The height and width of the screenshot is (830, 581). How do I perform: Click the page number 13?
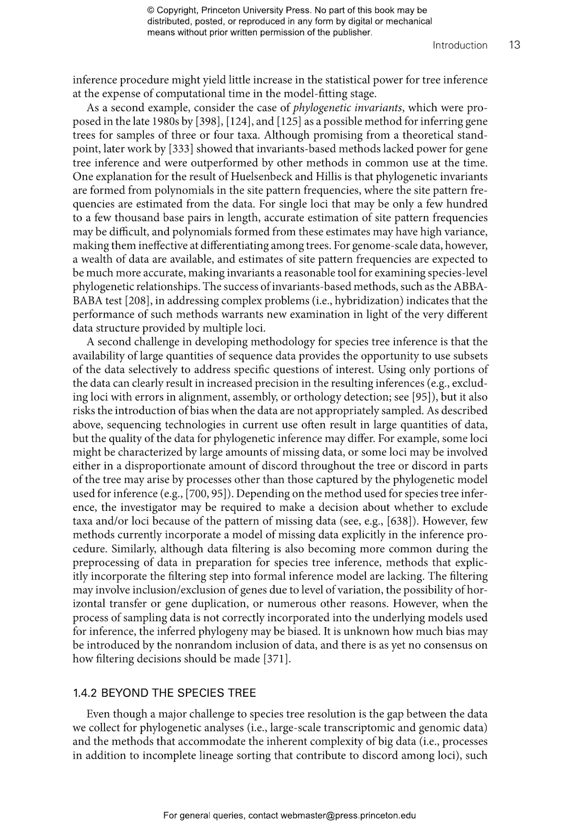coord(514,45)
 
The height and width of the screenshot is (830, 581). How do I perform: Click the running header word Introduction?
coord(460,45)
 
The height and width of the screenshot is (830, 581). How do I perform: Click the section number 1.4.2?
coord(84,693)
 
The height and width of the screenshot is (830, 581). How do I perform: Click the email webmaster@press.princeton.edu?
coord(348,816)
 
